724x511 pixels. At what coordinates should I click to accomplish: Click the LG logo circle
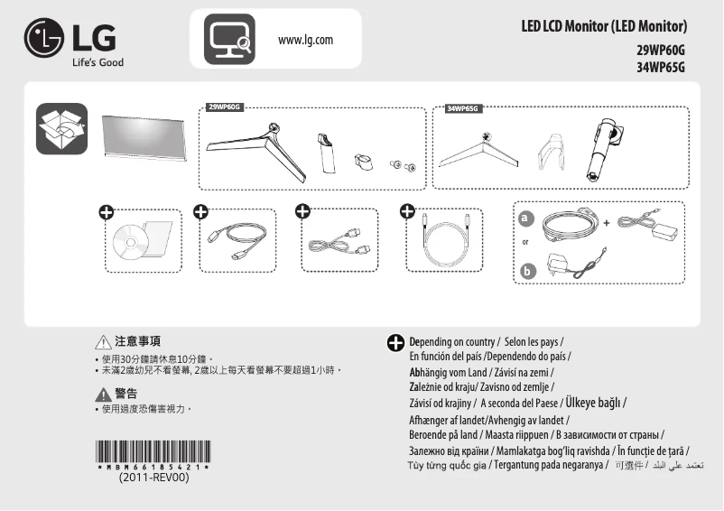(45, 39)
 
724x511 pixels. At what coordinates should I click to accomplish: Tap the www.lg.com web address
(306, 40)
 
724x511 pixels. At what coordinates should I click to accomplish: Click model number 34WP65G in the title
(661, 67)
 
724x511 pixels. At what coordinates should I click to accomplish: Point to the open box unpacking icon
(61, 129)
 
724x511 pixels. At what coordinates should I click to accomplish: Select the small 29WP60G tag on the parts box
(225, 107)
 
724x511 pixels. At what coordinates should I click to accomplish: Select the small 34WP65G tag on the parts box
(463, 109)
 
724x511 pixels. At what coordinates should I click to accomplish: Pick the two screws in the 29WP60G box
(402, 165)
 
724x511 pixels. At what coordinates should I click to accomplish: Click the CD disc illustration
(130, 242)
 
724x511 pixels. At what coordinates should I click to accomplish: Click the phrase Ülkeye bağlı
(591, 403)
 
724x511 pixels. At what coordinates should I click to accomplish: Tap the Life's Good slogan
(97, 62)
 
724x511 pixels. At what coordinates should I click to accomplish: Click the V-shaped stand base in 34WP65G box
(479, 150)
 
